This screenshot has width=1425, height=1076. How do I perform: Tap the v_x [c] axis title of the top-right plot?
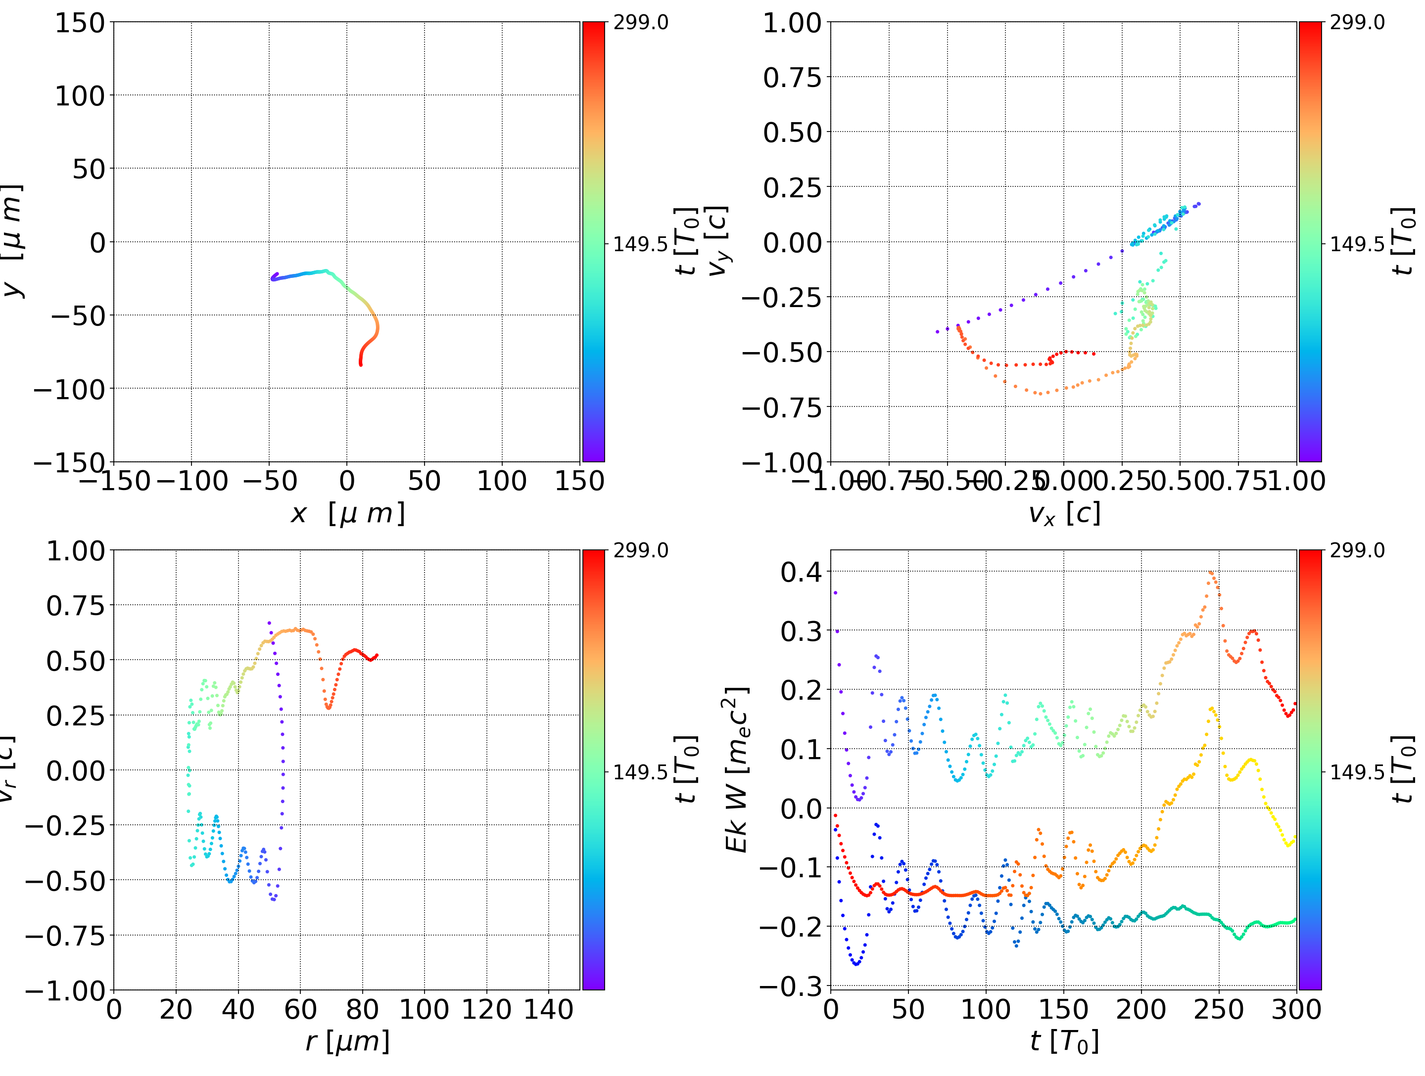[1064, 513]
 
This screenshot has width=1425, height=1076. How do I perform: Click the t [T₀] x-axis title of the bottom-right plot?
[1064, 1041]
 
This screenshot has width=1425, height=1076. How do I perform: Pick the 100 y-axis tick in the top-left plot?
[79, 96]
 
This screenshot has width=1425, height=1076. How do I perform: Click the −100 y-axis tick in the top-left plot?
[69, 389]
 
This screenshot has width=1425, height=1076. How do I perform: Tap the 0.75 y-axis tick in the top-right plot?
[792, 78]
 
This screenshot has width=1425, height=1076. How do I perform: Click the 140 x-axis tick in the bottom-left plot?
[548, 1009]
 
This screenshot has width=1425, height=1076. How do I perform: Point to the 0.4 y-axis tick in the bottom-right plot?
[802, 572]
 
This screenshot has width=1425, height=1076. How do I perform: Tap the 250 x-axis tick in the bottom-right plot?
[1219, 1009]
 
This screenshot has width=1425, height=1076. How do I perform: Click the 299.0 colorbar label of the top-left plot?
[640, 23]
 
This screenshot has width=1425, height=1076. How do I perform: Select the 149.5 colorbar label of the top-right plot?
[1357, 244]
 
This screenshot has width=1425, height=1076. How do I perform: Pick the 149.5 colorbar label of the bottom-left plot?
[640, 771]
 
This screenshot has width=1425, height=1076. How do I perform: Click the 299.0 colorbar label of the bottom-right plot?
[1357, 550]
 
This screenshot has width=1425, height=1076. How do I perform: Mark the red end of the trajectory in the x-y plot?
[361, 365]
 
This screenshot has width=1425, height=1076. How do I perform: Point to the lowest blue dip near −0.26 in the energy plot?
[856, 964]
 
